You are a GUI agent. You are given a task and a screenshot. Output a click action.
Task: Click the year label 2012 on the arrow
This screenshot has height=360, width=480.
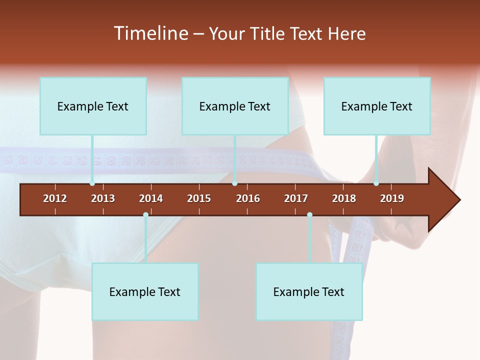point(55,198)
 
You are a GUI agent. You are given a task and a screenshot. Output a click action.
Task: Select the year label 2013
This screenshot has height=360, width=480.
point(103,198)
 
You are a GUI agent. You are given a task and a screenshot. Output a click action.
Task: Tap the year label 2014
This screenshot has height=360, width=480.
point(151,198)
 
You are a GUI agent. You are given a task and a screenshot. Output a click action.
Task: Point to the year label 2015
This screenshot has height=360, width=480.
point(199,198)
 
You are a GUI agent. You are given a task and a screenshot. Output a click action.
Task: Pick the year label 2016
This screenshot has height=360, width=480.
point(248,198)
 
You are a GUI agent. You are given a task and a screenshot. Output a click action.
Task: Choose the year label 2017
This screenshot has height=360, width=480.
point(296,198)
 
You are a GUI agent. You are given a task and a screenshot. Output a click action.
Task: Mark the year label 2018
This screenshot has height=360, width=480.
point(344,198)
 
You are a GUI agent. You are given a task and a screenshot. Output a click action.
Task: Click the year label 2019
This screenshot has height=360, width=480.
point(392,198)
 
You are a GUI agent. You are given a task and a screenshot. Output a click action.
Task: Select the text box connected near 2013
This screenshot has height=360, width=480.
point(93,106)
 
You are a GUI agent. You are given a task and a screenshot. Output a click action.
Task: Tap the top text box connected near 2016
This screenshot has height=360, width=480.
point(235,106)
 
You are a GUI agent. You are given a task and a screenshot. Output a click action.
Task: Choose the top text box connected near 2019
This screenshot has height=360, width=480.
point(377,106)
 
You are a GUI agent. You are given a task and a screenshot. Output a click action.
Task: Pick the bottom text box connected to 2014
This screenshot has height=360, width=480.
point(145,291)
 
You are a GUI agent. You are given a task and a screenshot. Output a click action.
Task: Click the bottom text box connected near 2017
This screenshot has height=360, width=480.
point(309,291)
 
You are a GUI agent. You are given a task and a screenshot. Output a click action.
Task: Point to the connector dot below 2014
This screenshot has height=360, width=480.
point(145,215)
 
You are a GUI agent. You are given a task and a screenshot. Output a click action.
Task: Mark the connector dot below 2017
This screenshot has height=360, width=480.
point(309,215)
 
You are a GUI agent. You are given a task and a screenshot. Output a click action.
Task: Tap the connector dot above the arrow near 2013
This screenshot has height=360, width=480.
point(92,183)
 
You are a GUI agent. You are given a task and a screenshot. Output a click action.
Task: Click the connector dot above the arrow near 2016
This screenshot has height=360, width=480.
point(234,183)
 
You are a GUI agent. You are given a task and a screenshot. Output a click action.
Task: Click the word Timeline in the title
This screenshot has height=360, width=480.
point(151,33)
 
